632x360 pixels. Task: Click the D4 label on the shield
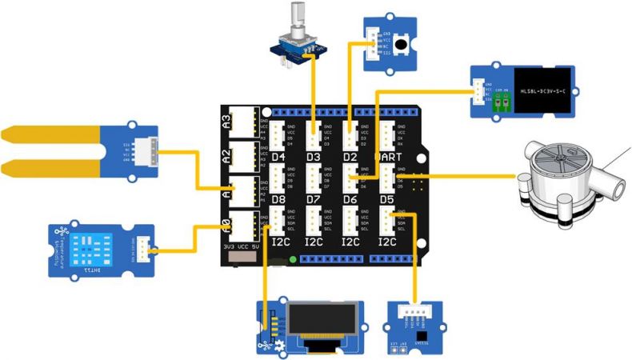click(x=278, y=158)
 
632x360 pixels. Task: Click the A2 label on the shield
click(x=226, y=155)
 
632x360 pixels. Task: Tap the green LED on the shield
click(x=293, y=259)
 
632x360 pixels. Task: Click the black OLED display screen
click(x=322, y=322)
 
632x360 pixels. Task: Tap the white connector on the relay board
click(x=478, y=91)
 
